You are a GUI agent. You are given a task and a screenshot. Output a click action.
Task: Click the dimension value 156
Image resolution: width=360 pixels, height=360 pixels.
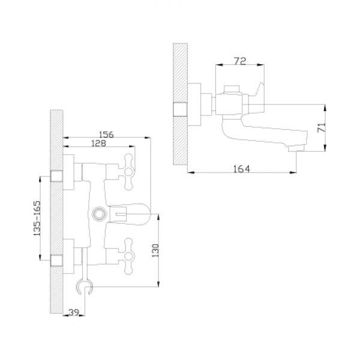106,134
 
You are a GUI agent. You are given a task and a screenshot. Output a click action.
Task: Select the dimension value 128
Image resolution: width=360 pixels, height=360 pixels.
99,143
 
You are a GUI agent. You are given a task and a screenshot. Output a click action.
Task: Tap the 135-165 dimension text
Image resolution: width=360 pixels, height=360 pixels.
37,218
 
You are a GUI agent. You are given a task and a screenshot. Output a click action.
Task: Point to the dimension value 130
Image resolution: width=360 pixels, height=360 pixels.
155,250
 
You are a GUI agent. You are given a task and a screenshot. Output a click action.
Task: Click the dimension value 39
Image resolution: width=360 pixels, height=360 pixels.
74,312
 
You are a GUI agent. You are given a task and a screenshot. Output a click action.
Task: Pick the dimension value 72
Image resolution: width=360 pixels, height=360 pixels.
240,61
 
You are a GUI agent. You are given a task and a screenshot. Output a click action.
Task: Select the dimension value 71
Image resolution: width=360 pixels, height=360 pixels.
322,127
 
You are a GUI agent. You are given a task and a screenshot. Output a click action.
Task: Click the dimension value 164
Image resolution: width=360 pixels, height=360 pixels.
242,169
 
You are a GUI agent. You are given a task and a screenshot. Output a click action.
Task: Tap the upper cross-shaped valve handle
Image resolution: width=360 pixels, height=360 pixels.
129,172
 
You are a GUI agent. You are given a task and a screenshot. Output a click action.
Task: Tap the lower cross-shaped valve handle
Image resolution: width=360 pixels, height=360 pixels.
129,256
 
